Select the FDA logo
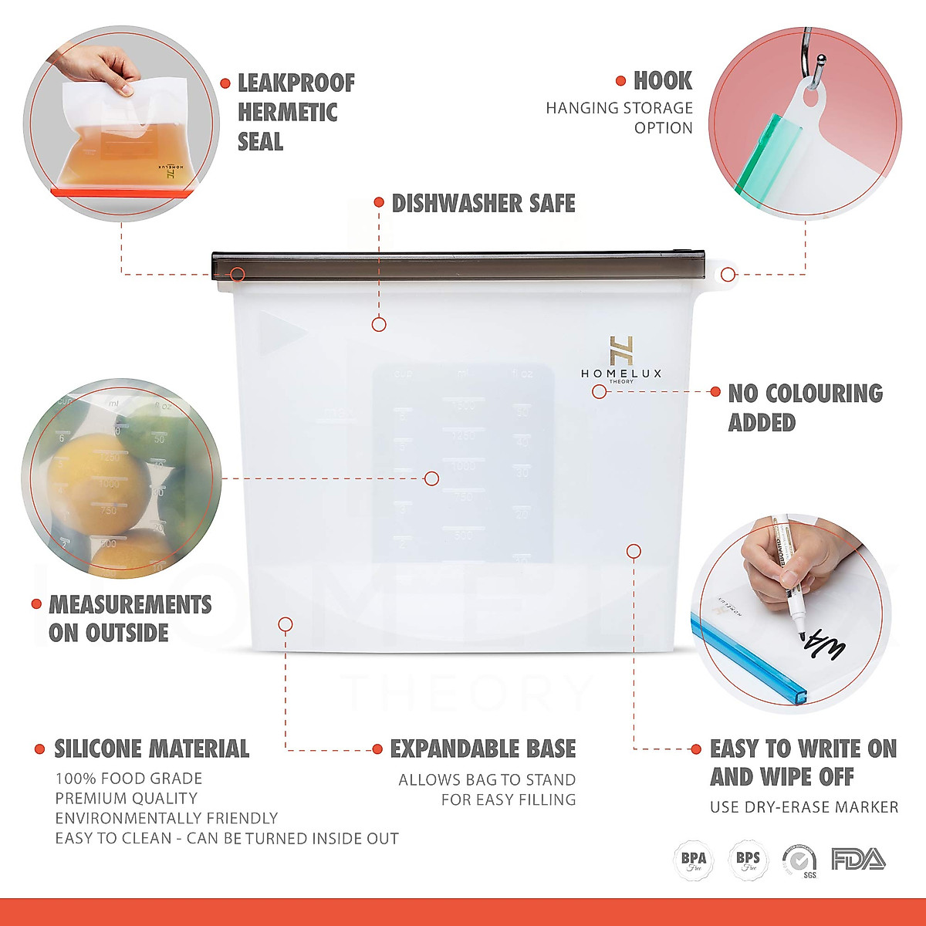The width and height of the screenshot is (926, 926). point(858,859)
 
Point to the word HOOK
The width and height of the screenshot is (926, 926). point(662,80)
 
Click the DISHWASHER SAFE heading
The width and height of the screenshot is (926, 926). point(483,203)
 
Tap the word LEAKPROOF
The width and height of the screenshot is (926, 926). point(296,83)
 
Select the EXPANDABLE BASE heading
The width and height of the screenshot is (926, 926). point(482,749)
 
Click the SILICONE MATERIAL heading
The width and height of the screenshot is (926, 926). point(151,749)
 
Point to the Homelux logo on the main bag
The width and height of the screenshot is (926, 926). point(621,360)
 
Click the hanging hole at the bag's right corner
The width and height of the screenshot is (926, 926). point(728,273)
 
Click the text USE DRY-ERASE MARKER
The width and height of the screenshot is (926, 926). point(803,807)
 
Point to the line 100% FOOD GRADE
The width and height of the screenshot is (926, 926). point(128,778)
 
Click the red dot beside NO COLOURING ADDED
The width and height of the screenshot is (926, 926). point(715,392)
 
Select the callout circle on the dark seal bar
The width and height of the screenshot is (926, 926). point(238,274)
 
